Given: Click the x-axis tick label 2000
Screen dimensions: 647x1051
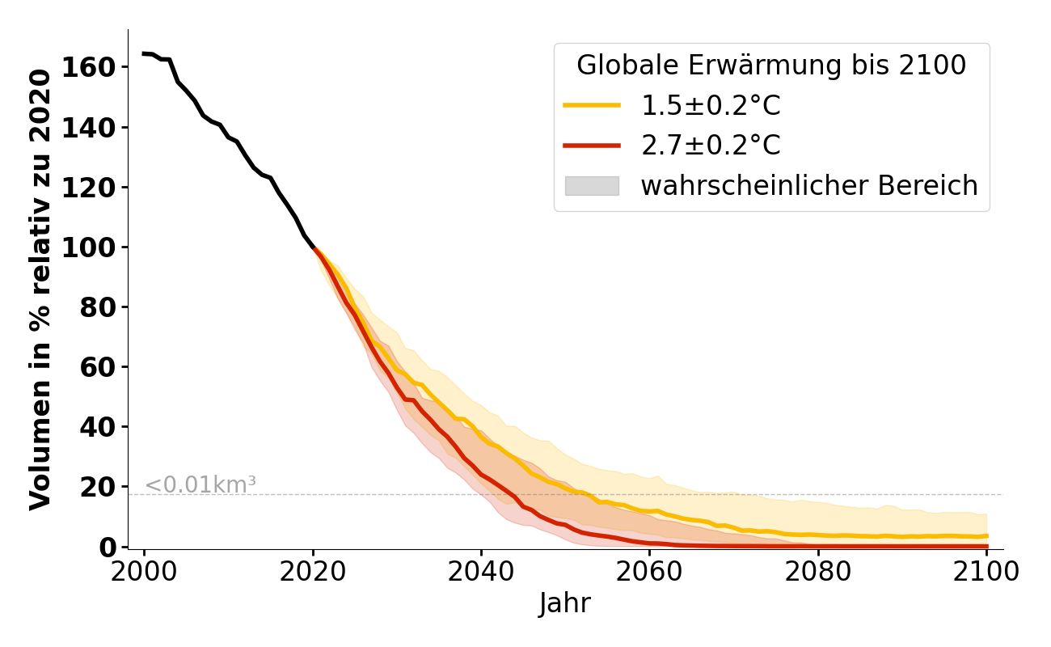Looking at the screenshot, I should tap(144, 572).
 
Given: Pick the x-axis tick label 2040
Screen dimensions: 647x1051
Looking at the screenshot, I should tap(481, 572).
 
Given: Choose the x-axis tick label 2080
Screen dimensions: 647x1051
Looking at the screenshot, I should tap(818, 572).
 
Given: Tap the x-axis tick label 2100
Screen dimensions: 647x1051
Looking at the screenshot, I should tap(986, 572).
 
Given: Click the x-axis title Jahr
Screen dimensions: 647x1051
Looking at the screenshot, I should tap(565, 603).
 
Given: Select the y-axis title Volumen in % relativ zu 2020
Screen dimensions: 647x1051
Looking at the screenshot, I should tap(40, 289).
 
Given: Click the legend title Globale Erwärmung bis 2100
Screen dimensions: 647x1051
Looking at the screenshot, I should tap(771, 66).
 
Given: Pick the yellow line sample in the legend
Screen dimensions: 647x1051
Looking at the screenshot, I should tap(592, 106).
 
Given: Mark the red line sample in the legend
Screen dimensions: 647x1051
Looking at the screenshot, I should tap(592, 146).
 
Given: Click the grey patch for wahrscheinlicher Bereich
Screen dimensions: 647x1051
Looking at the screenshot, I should tap(592, 186).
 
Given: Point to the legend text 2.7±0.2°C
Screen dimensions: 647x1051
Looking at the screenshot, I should tap(711, 146).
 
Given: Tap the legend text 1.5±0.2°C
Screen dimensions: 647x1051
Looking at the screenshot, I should tap(711, 106).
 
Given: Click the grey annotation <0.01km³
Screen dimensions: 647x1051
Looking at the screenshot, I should tap(200, 485).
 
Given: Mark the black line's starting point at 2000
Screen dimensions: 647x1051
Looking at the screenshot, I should tap(144, 53).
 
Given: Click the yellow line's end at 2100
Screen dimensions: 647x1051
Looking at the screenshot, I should tap(986, 535).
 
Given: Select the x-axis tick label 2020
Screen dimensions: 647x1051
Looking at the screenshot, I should tap(313, 572).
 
